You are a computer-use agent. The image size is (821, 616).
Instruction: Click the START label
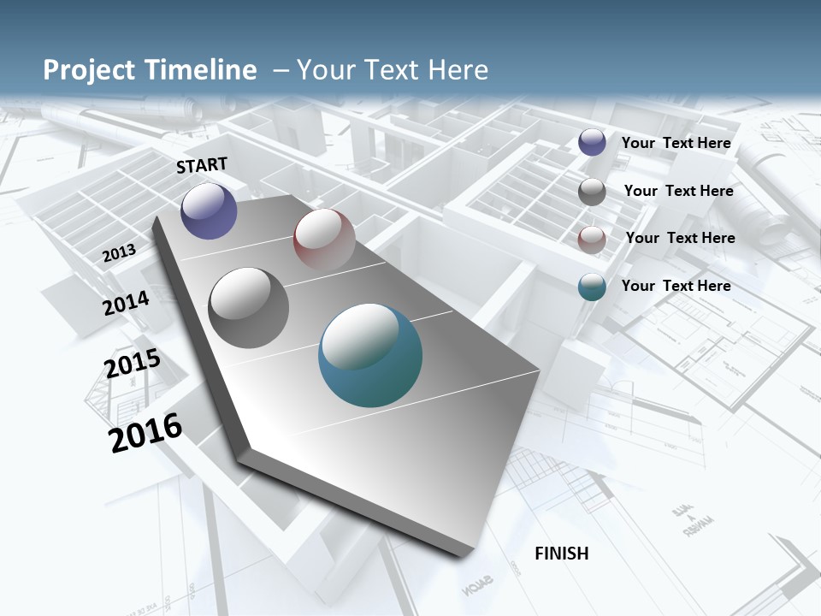202,165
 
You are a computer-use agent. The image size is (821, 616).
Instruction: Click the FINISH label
562,554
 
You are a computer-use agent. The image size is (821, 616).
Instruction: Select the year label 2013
119,253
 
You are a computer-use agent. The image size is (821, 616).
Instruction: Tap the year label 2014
126,303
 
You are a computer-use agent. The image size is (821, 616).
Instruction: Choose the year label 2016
145,433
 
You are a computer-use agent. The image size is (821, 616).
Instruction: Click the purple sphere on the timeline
209,210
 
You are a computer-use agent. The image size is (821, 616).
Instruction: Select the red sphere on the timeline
324,239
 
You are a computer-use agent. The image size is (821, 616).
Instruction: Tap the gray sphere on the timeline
249,307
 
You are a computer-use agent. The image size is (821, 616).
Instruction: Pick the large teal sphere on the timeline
370,355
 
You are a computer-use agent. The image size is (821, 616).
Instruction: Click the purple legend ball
592,143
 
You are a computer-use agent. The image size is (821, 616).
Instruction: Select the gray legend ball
592,192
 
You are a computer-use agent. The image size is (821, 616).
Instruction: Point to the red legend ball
592,240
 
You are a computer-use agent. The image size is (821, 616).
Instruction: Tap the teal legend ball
592,287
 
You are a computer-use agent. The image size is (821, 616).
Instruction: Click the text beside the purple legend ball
676,143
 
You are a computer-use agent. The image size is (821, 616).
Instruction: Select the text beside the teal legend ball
676,286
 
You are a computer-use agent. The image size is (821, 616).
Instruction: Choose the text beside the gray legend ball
678,191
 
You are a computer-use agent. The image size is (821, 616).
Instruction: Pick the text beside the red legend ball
680,238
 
